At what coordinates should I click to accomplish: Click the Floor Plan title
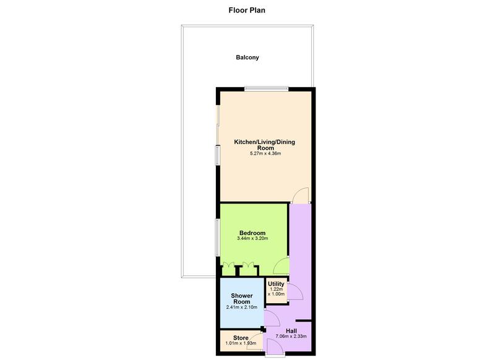click(247, 10)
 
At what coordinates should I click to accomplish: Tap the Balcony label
click(247, 58)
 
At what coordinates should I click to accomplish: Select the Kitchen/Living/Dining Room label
click(264, 145)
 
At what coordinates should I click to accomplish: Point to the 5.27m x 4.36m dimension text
click(265, 153)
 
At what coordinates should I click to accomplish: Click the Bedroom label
click(252, 233)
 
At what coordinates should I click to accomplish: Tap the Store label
click(241, 338)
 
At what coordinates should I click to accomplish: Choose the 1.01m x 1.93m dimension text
click(241, 344)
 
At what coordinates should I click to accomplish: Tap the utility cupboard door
click(293, 291)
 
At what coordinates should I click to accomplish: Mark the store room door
click(254, 343)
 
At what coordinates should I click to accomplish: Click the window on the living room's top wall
click(266, 89)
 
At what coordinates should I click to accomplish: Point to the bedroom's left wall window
click(217, 238)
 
